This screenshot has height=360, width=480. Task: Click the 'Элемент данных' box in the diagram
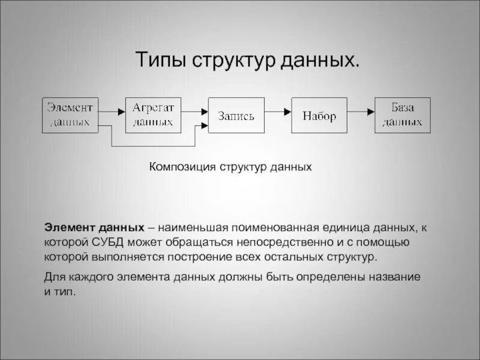tap(70, 114)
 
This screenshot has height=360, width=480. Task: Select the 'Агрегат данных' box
tap(152, 114)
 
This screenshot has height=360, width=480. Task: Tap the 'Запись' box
tap(236, 114)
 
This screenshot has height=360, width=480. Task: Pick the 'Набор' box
tap(319, 114)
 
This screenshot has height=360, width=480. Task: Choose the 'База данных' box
tap(403, 114)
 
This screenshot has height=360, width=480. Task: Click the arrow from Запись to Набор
tap(278, 112)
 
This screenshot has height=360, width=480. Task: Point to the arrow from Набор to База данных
tap(361, 112)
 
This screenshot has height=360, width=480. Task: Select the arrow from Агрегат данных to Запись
tap(193, 112)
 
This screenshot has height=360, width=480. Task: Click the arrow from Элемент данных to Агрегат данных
tap(111, 112)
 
